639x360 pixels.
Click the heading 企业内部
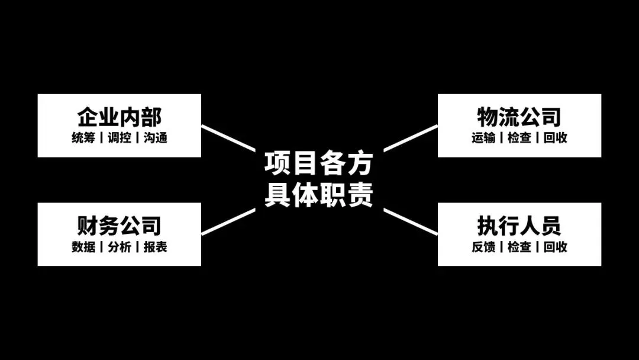[x=119, y=117]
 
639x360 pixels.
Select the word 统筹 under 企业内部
[x=83, y=138]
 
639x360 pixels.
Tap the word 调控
[x=120, y=138]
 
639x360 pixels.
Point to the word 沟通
[x=156, y=138]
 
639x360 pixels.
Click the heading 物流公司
[x=519, y=117]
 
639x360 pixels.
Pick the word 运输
[x=483, y=138]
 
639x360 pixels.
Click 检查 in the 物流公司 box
[x=519, y=138]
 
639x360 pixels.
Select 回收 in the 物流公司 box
[x=556, y=138]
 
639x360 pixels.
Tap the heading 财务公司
[x=119, y=225]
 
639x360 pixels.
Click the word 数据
[x=83, y=247]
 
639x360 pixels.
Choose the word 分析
[x=120, y=247]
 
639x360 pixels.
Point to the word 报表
[x=156, y=247]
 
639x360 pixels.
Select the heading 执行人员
[x=519, y=225]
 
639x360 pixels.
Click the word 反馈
[x=483, y=247]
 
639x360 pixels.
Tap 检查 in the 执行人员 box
[x=519, y=247]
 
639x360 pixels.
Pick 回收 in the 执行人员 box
[x=556, y=247]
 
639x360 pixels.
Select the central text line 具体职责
[x=318, y=195]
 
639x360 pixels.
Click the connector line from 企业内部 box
[x=228, y=139]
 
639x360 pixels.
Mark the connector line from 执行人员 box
[x=410, y=221]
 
